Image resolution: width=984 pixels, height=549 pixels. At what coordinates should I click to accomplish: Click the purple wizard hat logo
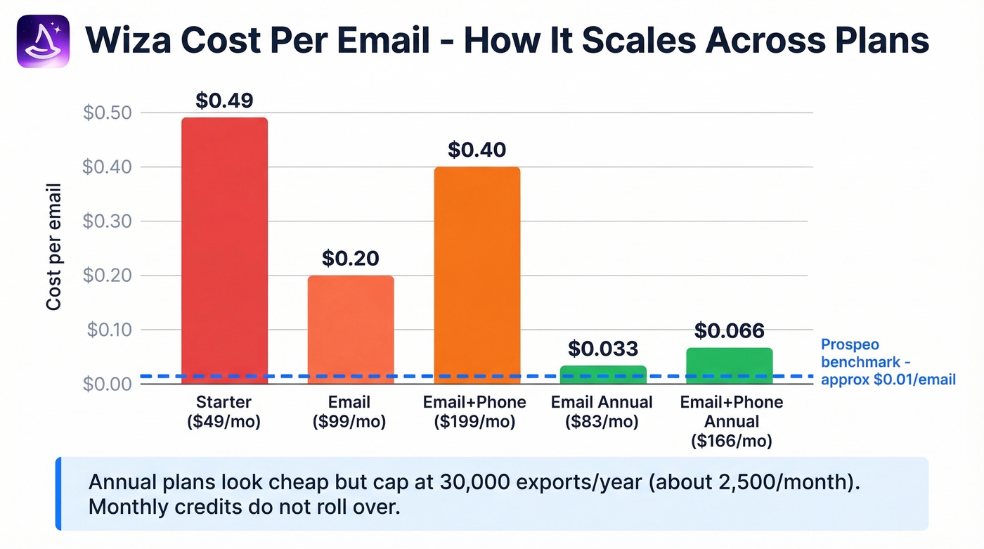click(x=43, y=41)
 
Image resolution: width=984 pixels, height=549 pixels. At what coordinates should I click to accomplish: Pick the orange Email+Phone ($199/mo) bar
click(x=477, y=275)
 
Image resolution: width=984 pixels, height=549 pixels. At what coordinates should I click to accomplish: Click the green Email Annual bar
click(x=603, y=374)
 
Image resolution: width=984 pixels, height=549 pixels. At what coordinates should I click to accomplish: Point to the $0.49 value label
click(x=224, y=101)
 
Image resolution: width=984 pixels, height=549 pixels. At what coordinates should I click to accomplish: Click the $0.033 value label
click(x=603, y=348)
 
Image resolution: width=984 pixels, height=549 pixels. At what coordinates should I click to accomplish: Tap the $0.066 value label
click(x=730, y=330)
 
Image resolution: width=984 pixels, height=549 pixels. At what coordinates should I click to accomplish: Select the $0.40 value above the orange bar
click(x=477, y=150)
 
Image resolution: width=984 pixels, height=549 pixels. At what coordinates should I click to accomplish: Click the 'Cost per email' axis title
click(x=54, y=247)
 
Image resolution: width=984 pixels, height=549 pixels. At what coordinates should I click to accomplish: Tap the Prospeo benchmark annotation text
click(x=888, y=363)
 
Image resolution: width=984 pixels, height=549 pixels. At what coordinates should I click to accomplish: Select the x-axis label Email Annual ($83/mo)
click(x=602, y=412)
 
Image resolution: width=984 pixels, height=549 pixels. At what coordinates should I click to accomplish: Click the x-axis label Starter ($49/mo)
click(x=224, y=412)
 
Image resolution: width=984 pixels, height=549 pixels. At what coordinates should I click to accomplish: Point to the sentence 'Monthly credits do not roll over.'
click(x=244, y=507)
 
